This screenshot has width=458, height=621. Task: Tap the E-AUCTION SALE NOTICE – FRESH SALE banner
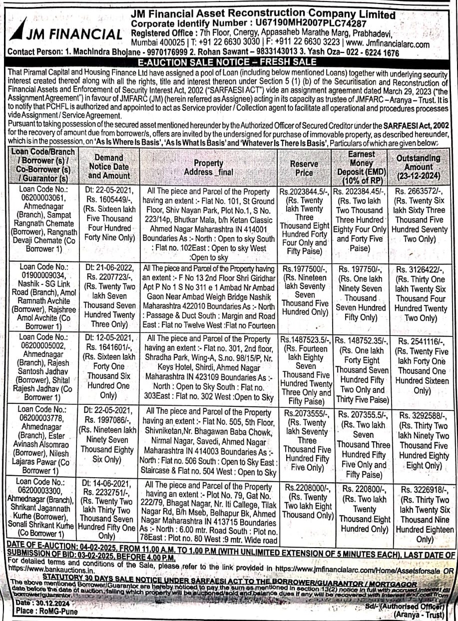[229, 62]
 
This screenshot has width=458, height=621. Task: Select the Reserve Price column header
[304, 168]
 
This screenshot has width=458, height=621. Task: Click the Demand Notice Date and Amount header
[108, 166]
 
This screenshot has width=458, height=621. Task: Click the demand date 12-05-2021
[108, 338]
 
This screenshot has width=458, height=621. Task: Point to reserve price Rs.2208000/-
[305, 487]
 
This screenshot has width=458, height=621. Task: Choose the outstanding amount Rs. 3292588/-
[424, 415]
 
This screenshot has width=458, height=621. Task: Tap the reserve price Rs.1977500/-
[304, 269]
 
